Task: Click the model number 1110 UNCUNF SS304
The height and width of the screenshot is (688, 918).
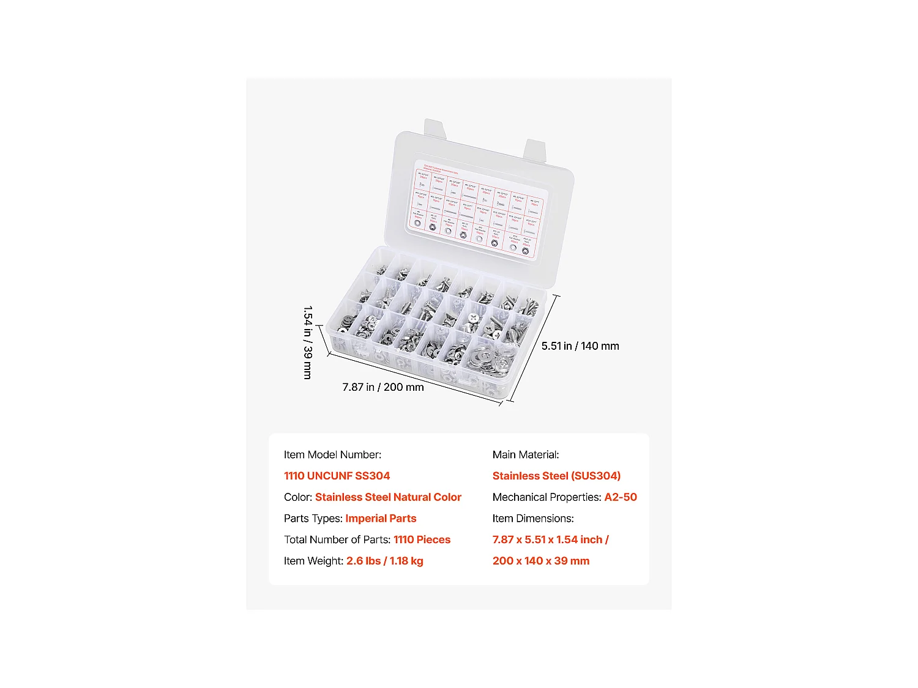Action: (337, 476)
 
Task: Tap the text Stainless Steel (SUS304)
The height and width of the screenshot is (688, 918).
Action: (556, 476)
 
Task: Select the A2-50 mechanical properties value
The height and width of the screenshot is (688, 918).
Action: (621, 497)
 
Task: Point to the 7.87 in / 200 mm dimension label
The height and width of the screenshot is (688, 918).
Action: (383, 387)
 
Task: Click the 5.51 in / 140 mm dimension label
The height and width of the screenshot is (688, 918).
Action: (580, 346)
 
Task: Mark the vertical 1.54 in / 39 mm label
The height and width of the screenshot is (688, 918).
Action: (308, 342)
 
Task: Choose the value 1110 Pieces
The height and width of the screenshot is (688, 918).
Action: (422, 539)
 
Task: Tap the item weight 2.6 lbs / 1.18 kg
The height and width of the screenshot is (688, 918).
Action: (384, 561)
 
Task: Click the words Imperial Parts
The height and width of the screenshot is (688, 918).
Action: (381, 519)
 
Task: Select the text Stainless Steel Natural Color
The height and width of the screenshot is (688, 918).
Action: (388, 497)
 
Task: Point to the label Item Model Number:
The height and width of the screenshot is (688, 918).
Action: (332, 455)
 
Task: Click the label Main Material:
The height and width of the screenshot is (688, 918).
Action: (526, 455)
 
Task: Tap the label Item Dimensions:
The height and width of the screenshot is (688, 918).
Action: (533, 519)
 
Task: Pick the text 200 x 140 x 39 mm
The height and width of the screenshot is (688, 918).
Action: (541, 561)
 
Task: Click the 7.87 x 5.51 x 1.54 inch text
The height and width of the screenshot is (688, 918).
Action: (550, 539)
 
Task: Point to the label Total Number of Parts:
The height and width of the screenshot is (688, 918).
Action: (337, 539)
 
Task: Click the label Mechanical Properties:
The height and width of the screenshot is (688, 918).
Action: (547, 497)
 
